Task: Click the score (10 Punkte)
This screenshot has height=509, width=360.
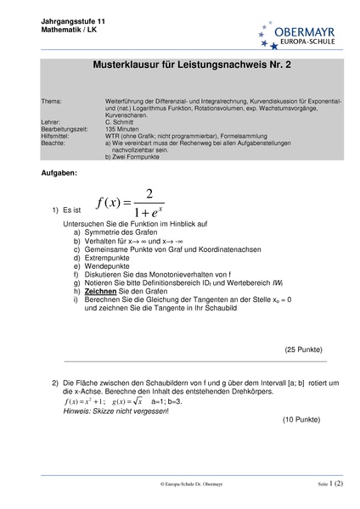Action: [x=301, y=419]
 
